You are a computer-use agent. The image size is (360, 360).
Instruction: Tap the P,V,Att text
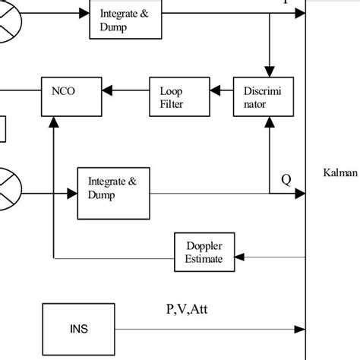coord(188,309)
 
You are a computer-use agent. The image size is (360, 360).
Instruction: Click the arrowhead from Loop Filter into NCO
coord(107,91)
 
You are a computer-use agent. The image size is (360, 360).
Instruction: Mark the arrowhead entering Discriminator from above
coord(269,70)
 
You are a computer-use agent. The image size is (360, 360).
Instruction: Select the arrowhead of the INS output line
coord(300,330)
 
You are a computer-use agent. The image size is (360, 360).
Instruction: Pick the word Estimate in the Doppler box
coord(204,260)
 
